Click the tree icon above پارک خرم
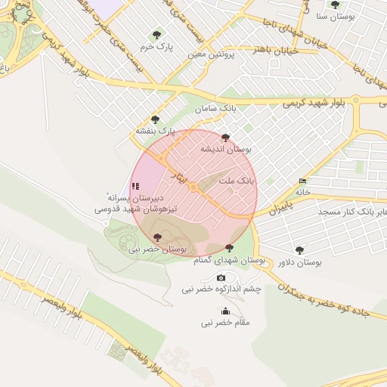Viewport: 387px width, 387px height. pyautogui.click(x=156, y=34)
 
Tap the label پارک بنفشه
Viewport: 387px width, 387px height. pyautogui.click(x=155, y=132)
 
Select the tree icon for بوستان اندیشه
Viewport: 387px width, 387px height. pyautogui.click(x=225, y=138)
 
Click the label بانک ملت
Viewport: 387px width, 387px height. pyautogui.click(x=237, y=181)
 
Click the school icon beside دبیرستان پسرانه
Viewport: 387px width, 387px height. pyautogui.click(x=135, y=185)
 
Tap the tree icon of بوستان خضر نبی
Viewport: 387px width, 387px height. pyautogui.click(x=157, y=237)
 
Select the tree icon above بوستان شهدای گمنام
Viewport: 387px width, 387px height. pyautogui.click(x=229, y=248)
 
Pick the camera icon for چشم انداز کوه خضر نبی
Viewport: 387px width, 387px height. pyautogui.click(x=221, y=277)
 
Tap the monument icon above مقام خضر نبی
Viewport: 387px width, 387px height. pyautogui.click(x=224, y=311)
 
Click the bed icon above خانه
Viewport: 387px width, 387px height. pyautogui.click(x=303, y=181)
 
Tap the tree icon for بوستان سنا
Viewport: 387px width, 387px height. pyautogui.click(x=335, y=5)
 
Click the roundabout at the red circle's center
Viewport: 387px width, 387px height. pyautogui.click(x=193, y=187)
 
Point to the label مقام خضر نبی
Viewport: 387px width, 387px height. pyautogui.click(x=224, y=324)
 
